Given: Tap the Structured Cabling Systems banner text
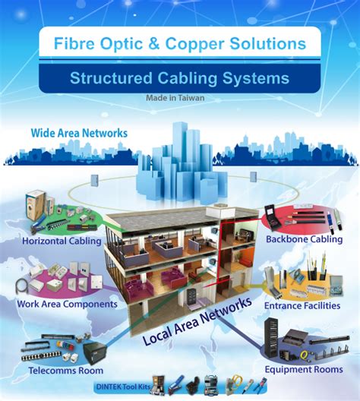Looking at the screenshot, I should (x=179, y=77).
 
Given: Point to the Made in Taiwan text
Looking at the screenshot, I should (x=179, y=97).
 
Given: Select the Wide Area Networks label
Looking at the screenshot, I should (x=79, y=133).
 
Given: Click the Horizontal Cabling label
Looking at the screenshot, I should (x=62, y=242).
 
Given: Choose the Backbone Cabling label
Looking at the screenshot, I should (x=304, y=240).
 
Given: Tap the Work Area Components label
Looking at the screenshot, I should (x=67, y=304).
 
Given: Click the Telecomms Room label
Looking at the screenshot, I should (x=62, y=371).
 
